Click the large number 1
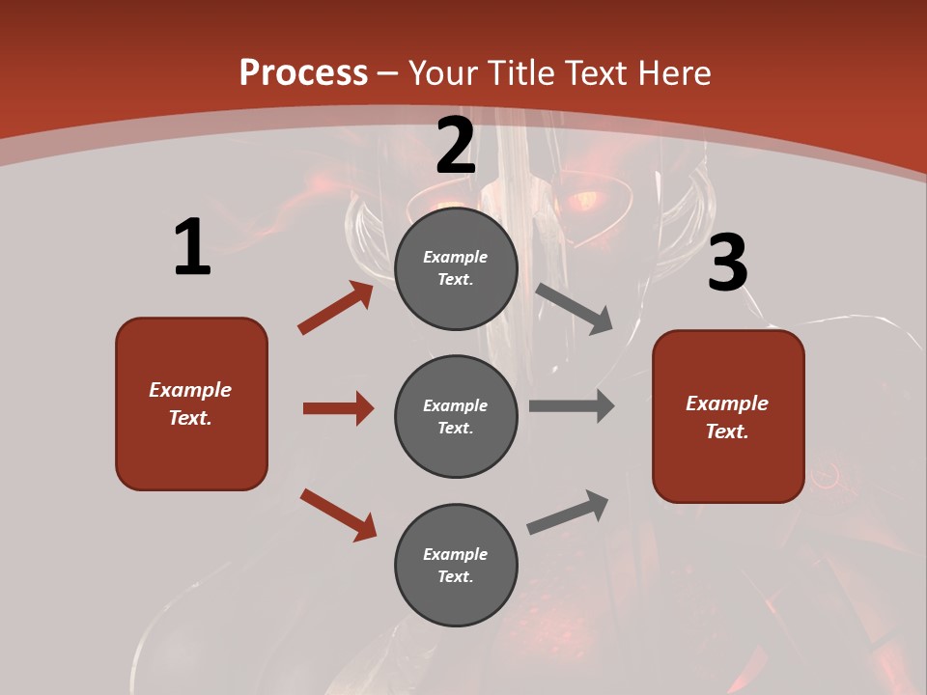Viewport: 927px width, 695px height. point(192,248)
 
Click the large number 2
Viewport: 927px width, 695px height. point(456,146)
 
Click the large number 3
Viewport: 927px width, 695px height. point(727,264)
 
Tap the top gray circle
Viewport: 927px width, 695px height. point(456,268)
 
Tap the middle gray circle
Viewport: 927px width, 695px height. point(456,416)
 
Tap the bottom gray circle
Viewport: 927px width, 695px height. point(456,565)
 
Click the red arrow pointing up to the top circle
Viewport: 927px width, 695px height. point(335,308)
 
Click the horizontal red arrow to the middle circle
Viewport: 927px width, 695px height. point(338,408)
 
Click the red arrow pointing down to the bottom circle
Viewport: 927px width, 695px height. point(338,514)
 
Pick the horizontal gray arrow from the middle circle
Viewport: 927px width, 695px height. point(572,406)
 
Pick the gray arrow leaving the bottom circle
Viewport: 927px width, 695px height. point(569,512)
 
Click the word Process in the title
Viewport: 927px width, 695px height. point(303,72)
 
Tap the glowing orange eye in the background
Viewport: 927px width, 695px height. point(585,202)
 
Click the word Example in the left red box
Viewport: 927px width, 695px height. point(190,390)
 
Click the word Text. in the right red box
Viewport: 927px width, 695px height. point(727,431)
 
